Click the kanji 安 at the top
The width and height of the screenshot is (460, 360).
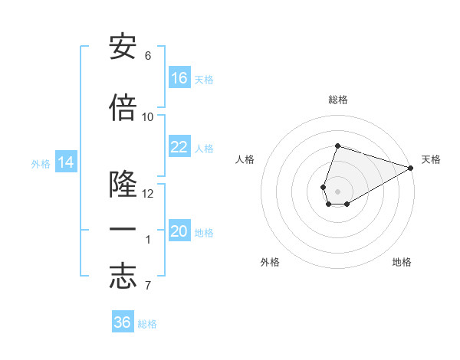pyautogui.click(x=123, y=47)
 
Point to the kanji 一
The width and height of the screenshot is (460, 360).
pyautogui.click(x=123, y=231)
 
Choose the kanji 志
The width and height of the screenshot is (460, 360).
pyautogui.click(x=123, y=277)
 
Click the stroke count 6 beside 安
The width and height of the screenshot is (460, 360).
pyautogui.click(x=148, y=56)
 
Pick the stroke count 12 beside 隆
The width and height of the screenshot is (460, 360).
pyautogui.click(x=148, y=194)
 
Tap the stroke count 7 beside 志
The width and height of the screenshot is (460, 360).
pyautogui.click(x=148, y=286)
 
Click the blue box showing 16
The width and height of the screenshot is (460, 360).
pyautogui.click(x=179, y=78)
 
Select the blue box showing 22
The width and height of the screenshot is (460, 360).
pyautogui.click(x=179, y=147)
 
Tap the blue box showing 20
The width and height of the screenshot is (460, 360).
pyautogui.click(x=179, y=231)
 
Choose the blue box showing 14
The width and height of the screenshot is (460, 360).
pyautogui.click(x=66, y=162)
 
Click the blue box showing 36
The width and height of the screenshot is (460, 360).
pyautogui.click(x=123, y=322)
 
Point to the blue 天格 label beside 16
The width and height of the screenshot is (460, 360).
pyautogui.click(x=204, y=79)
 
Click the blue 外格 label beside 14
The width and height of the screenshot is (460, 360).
pyautogui.click(x=41, y=163)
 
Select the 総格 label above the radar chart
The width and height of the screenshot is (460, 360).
pyautogui.click(x=338, y=100)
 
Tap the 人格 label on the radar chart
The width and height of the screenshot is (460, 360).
pyautogui.click(x=245, y=159)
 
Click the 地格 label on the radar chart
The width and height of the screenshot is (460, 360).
pyautogui.click(x=402, y=262)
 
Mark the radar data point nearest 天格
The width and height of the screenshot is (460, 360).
pyautogui.click(x=412, y=168)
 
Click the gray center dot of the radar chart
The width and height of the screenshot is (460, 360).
pyautogui.click(x=337, y=190)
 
